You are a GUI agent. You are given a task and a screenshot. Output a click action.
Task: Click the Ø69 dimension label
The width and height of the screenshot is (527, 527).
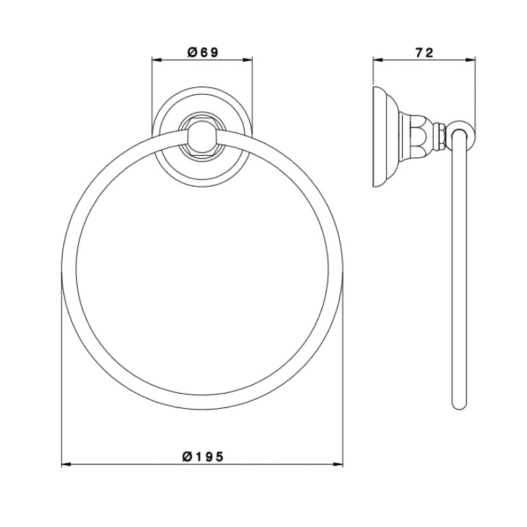pos(203,52)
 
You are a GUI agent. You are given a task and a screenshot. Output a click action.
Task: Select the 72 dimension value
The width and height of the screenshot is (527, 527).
pos(425,52)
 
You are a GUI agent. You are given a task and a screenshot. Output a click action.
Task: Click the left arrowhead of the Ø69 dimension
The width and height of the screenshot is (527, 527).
pos(157,60)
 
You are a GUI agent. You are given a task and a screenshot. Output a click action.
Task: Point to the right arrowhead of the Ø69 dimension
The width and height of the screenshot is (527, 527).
pos(248,60)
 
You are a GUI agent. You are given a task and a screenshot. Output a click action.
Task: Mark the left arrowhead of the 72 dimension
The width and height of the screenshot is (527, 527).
pos(378,60)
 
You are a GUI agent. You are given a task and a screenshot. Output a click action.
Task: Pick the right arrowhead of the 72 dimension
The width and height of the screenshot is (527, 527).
pos(471,60)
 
